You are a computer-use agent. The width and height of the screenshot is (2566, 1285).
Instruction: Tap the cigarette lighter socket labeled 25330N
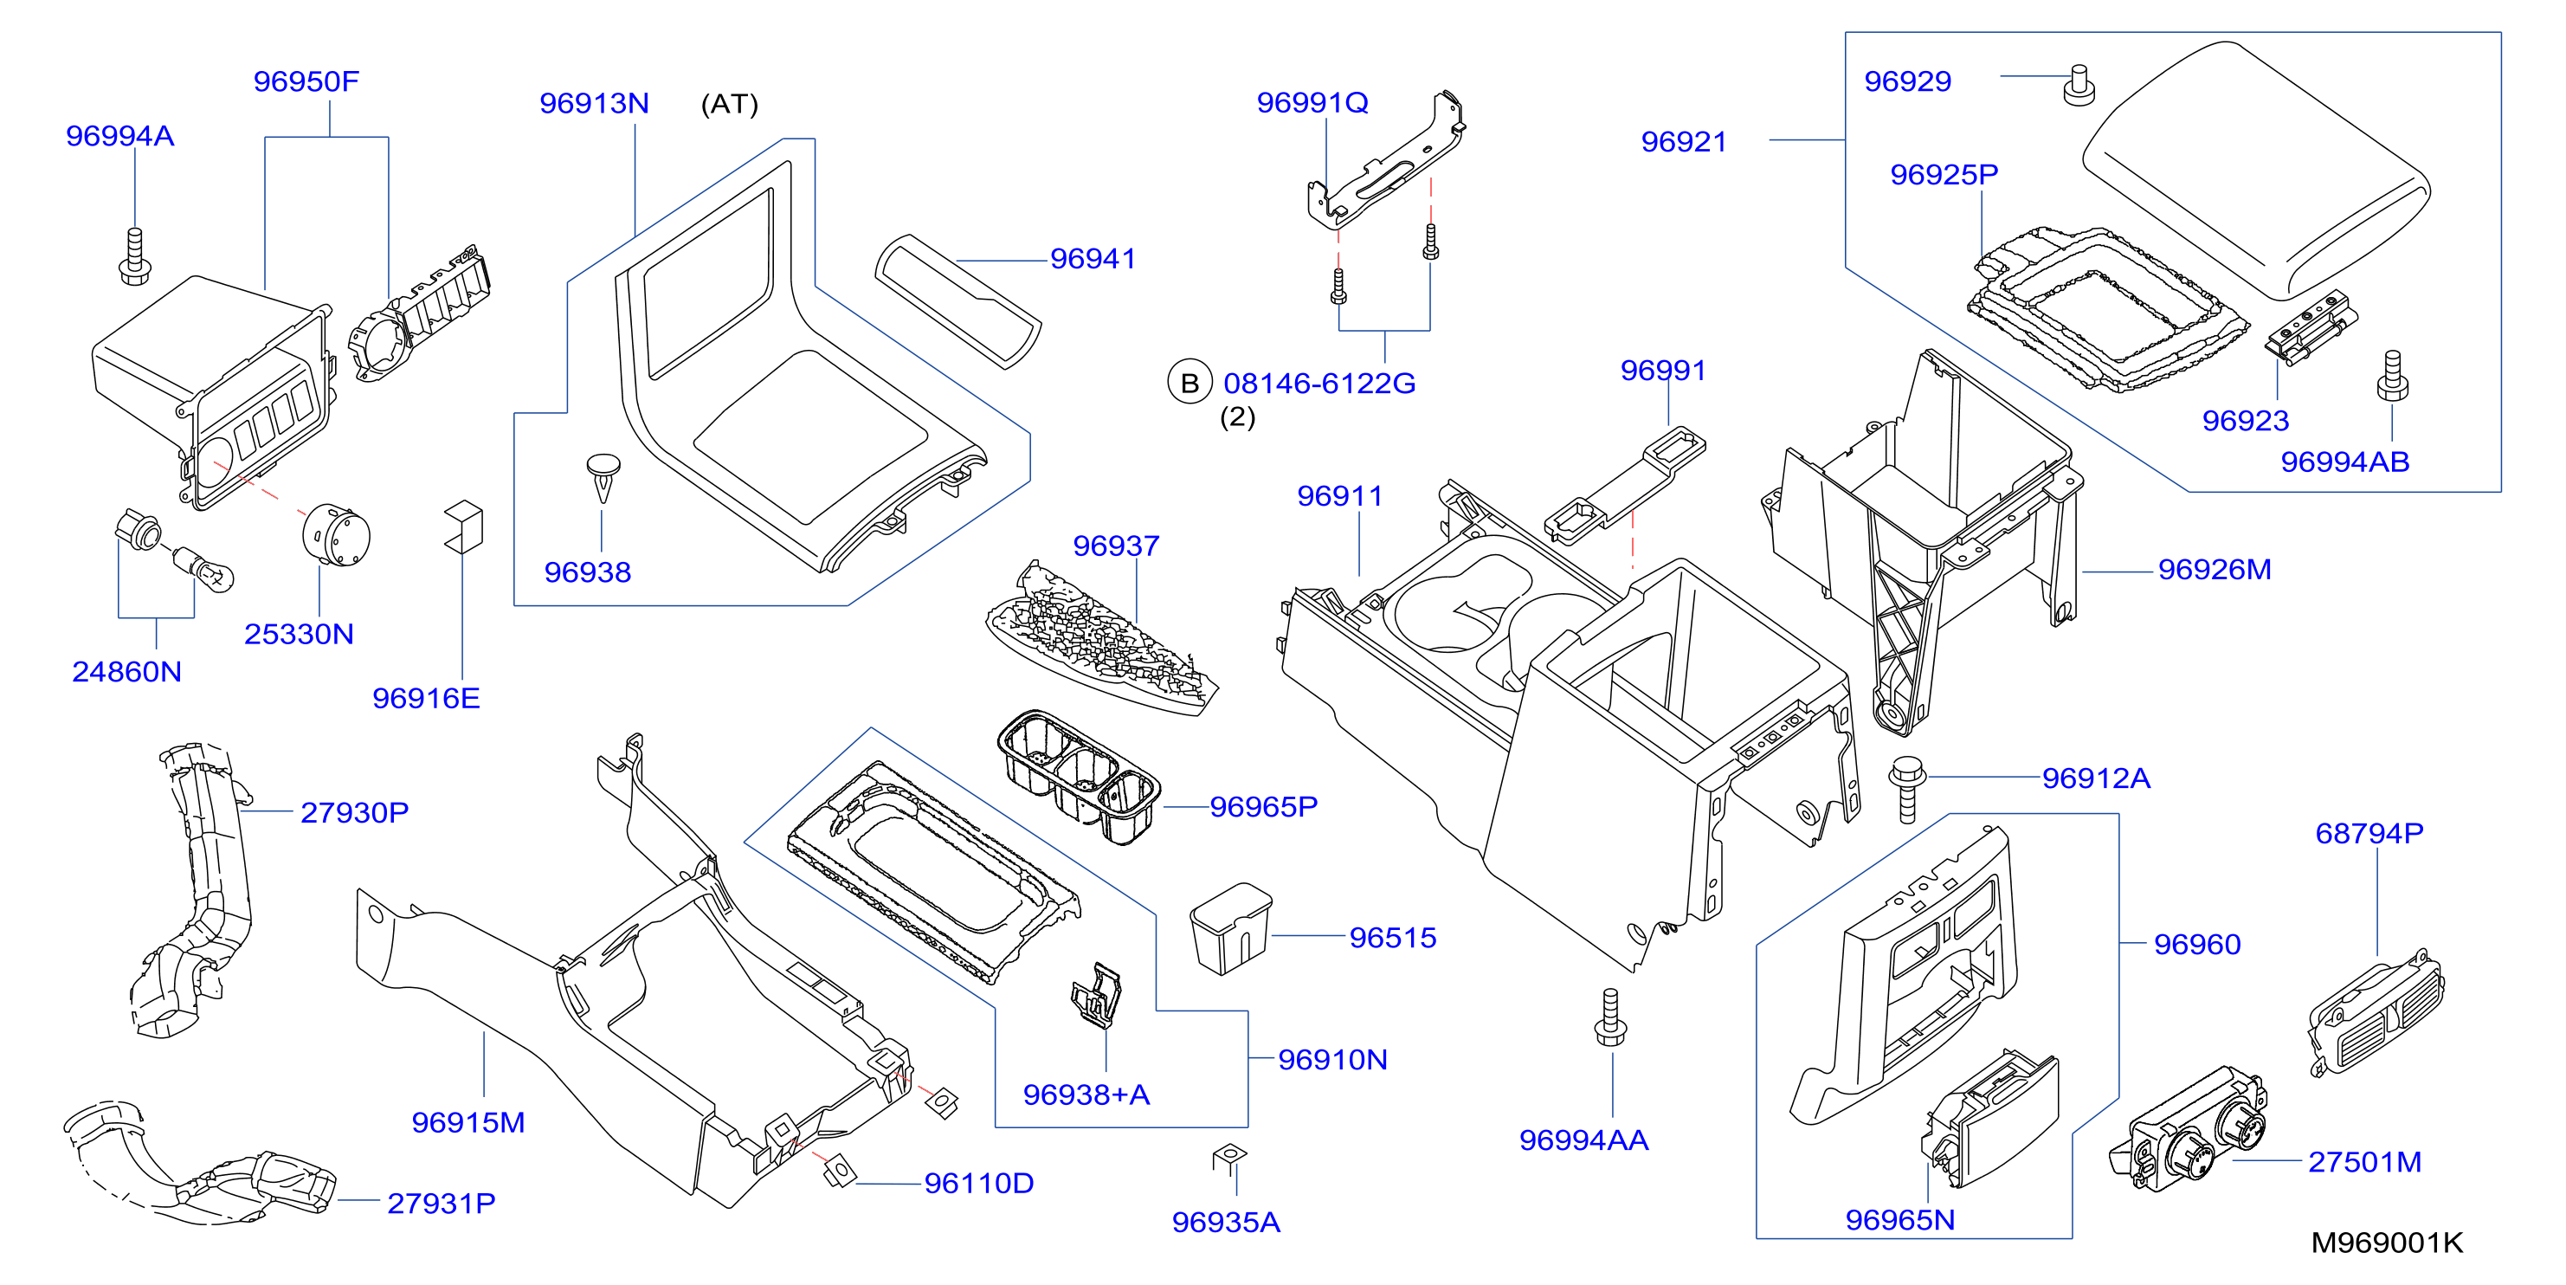pyautogui.click(x=336, y=535)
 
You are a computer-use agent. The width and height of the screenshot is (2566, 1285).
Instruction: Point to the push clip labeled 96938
pyautogui.click(x=603, y=478)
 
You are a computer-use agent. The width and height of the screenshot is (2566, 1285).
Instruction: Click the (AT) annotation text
pyautogui.click(x=729, y=105)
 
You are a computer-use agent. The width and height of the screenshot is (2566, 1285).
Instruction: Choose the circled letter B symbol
pyautogui.click(x=1190, y=384)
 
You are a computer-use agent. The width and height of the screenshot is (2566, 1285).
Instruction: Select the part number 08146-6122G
pyautogui.click(x=1318, y=384)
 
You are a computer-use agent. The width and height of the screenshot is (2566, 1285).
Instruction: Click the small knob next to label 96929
pyautogui.click(x=2079, y=85)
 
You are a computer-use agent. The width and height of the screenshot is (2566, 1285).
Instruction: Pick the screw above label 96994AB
pyautogui.click(x=2393, y=376)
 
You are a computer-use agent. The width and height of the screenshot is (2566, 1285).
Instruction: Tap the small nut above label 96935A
pyautogui.click(x=1229, y=1157)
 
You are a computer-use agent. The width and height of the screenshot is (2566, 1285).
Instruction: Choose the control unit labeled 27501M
pyautogui.click(x=2189, y=1131)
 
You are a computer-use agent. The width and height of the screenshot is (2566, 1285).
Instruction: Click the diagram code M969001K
pyautogui.click(x=2387, y=1243)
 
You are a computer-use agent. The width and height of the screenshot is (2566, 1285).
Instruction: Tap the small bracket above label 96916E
pyautogui.click(x=463, y=526)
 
